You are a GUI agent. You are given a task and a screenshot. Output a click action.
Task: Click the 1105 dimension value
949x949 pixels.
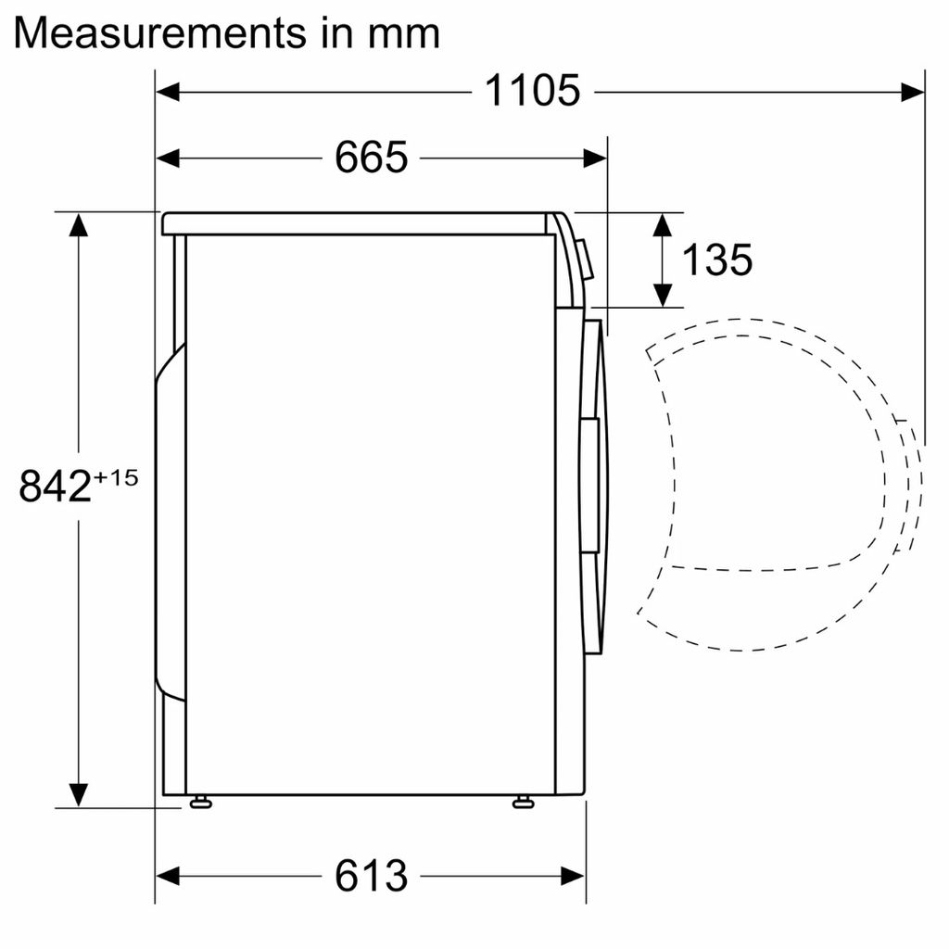[x=532, y=91]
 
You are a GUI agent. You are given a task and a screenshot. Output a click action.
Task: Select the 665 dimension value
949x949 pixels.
[x=371, y=158]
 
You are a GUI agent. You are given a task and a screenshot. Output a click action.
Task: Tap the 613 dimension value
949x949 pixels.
[x=371, y=875]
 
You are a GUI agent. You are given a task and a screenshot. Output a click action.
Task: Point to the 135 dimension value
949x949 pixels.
[x=716, y=260]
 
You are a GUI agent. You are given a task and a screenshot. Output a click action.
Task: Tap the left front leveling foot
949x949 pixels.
[x=199, y=802]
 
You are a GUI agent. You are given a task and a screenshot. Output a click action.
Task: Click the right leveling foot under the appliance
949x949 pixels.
[x=523, y=802]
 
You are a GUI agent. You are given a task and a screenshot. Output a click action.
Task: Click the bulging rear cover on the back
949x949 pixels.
[x=169, y=519]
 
